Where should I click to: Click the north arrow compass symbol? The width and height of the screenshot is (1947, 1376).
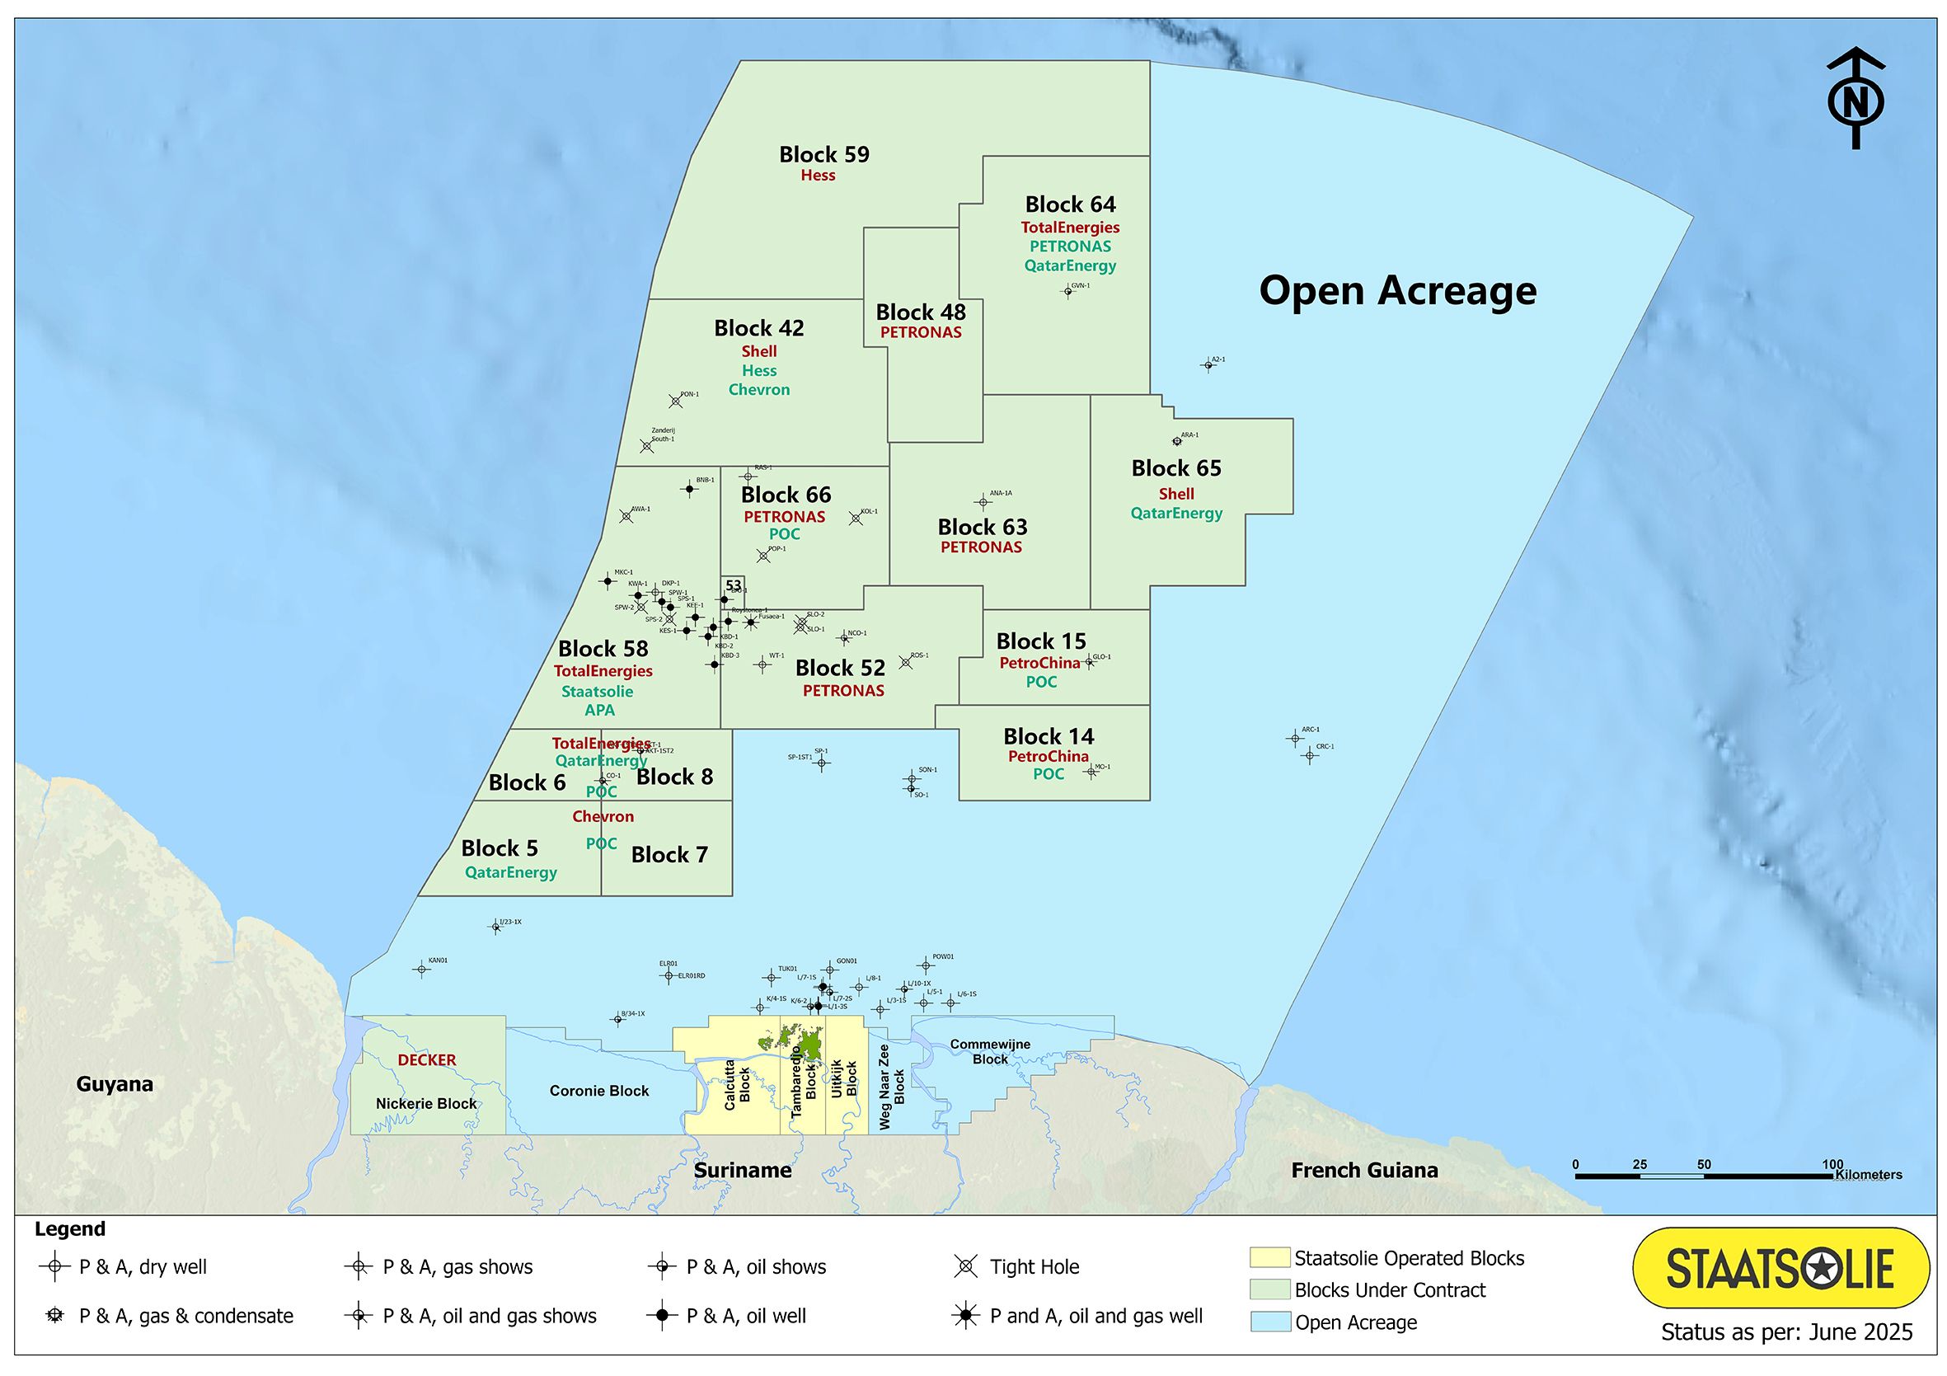tap(1856, 98)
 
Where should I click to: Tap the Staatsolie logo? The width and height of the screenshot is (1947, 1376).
tap(1780, 1268)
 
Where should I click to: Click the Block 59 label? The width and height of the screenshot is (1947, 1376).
tap(824, 155)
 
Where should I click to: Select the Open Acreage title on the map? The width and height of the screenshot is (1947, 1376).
tap(1397, 291)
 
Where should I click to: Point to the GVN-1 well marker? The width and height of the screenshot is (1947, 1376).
tap(1068, 292)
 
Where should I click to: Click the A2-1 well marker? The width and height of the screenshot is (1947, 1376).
tap(1208, 365)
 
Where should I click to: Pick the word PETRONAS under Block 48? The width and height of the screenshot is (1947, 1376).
tap(921, 332)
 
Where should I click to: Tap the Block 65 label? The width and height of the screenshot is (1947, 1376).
tap(1176, 468)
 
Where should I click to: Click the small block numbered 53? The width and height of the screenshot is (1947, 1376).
tap(734, 586)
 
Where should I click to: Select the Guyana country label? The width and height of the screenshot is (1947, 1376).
tap(115, 1084)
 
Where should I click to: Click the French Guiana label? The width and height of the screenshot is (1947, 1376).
tap(1364, 1171)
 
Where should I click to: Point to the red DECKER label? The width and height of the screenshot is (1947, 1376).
tap(427, 1060)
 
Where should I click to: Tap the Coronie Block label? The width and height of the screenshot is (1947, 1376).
tap(598, 1091)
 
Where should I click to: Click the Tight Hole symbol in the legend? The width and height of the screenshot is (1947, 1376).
tap(966, 1267)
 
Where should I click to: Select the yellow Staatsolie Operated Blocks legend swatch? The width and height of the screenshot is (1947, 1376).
tap(1269, 1258)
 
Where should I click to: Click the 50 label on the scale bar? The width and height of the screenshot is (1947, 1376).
tap(1704, 1165)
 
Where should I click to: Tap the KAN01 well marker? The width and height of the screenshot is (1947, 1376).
tap(421, 970)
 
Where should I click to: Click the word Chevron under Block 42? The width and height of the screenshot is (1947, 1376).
tap(759, 390)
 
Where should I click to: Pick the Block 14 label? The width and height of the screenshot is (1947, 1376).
tap(1049, 736)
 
